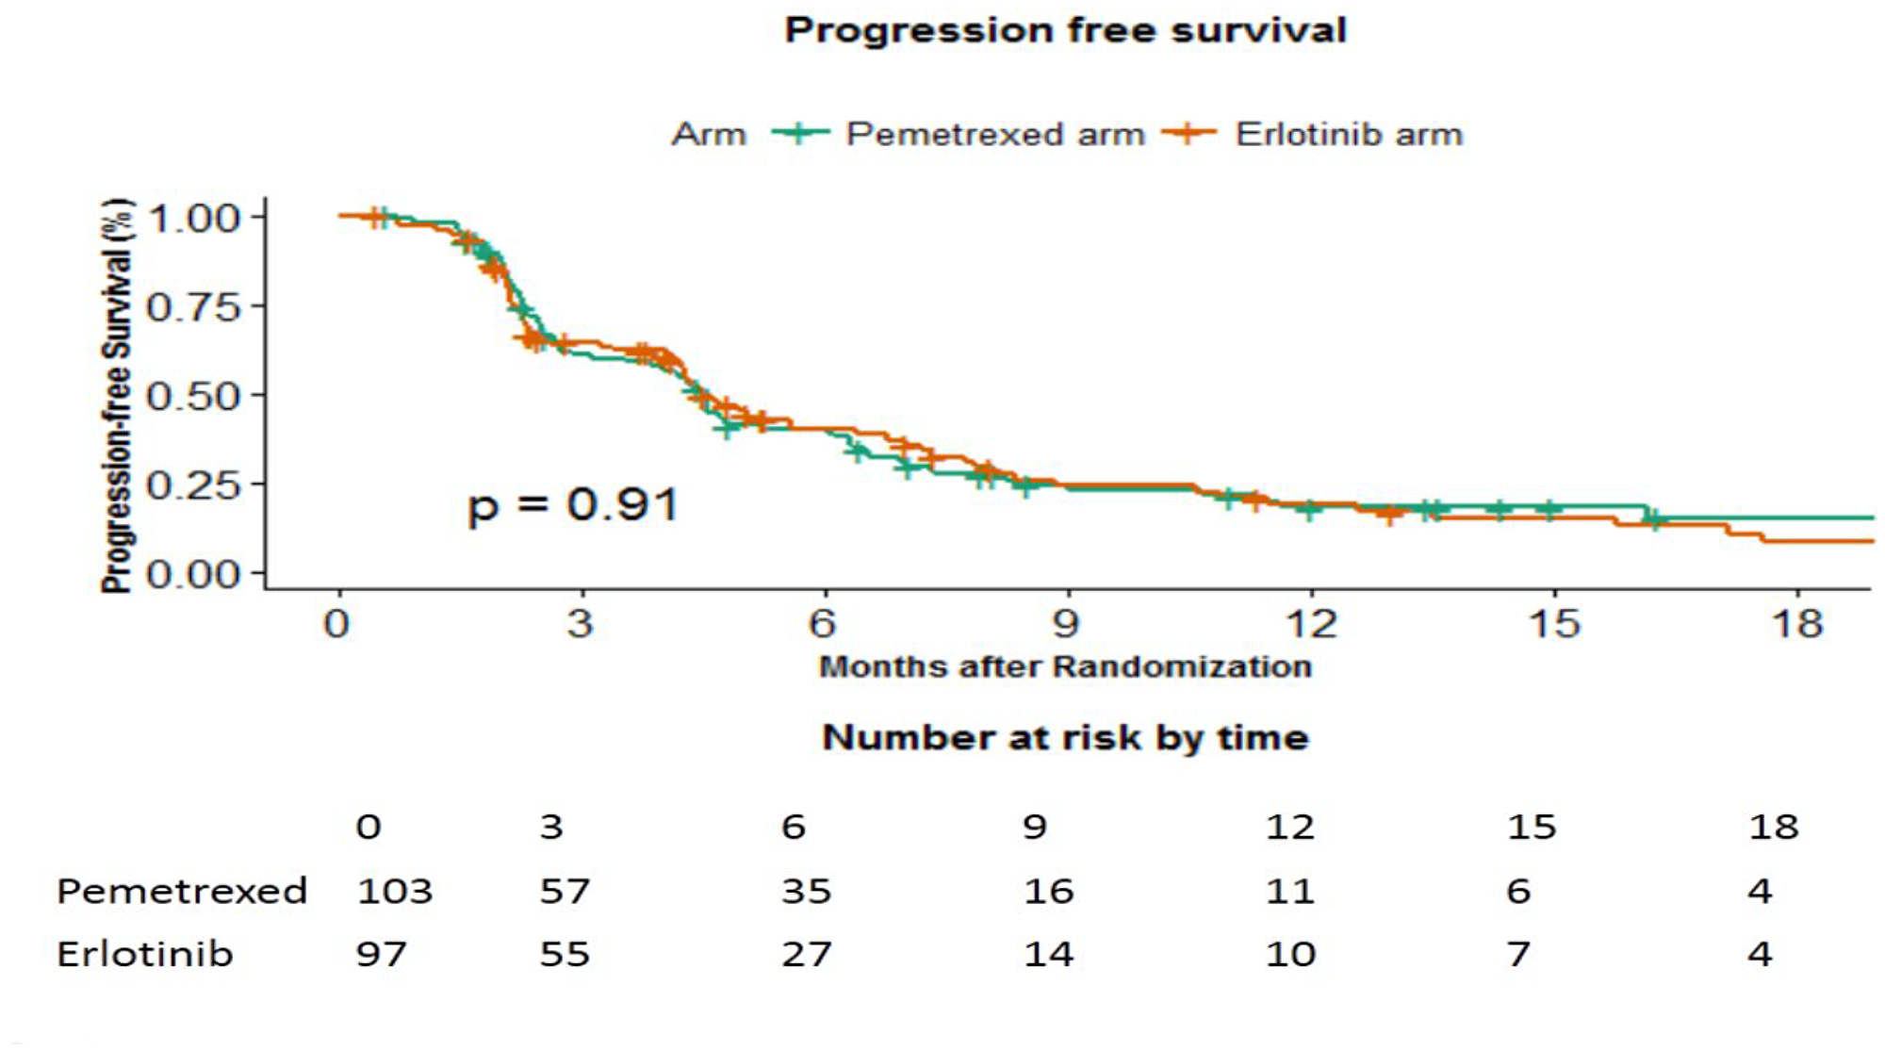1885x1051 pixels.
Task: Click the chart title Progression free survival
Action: [x=1065, y=30]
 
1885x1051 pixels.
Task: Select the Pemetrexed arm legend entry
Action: [x=994, y=134]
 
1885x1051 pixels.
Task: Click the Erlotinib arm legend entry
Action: [x=1348, y=134]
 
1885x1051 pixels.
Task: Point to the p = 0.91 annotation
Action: [x=573, y=505]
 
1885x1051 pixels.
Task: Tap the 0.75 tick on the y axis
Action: [x=193, y=306]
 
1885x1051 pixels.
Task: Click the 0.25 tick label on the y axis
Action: [x=193, y=484]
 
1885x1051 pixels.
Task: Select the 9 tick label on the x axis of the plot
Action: [x=1066, y=623]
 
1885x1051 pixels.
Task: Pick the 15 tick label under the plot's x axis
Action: [x=1553, y=623]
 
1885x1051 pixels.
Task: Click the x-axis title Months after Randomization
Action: [x=1065, y=666]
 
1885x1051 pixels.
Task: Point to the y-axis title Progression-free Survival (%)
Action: [x=117, y=396]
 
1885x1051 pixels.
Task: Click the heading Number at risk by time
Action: [x=1065, y=737]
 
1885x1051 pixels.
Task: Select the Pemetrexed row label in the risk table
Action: [x=182, y=891]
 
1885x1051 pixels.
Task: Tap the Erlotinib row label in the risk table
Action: [x=144, y=954]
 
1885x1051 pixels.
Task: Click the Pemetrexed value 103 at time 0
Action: [x=394, y=891]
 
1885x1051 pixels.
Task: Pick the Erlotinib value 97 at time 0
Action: [x=381, y=954]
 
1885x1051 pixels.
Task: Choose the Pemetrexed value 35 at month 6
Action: [x=806, y=891]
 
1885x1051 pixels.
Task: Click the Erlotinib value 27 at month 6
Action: [x=806, y=954]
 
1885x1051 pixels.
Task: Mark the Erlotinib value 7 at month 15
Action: [x=1517, y=954]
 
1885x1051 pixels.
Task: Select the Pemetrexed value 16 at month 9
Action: [x=1048, y=891]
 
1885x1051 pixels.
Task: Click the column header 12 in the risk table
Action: [x=1289, y=827]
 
